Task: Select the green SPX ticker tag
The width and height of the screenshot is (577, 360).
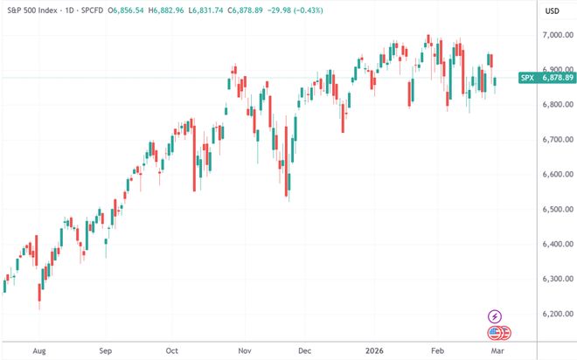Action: (527, 77)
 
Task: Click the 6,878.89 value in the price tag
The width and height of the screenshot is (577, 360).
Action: (556, 77)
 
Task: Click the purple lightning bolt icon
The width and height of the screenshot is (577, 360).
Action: (497, 315)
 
